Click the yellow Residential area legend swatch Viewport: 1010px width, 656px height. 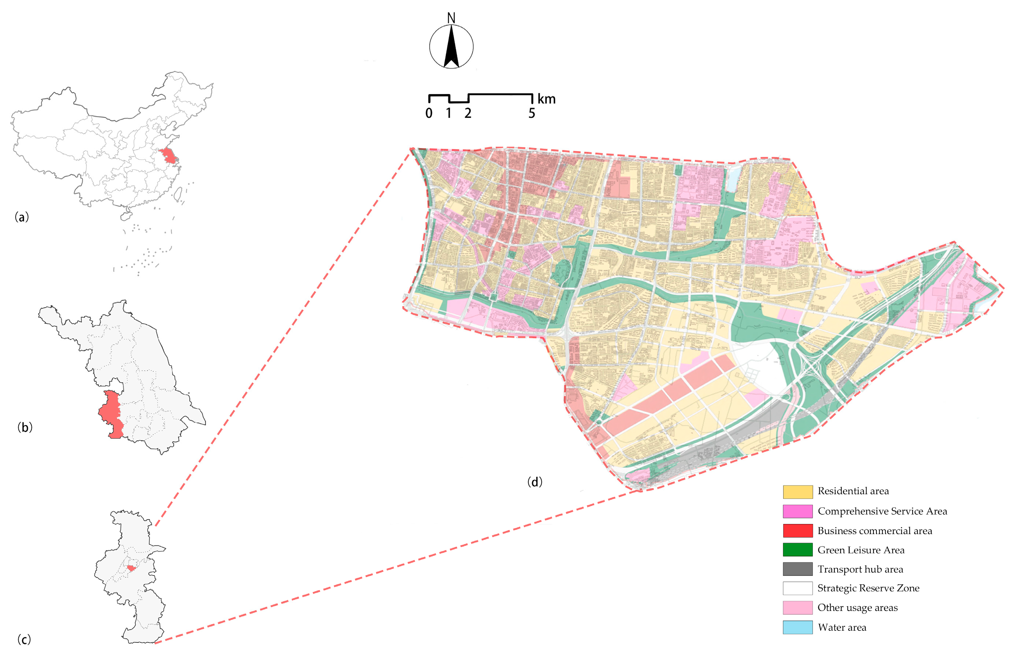tap(797, 492)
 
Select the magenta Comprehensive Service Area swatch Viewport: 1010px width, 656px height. tap(797, 511)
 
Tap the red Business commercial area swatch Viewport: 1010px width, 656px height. tap(797, 531)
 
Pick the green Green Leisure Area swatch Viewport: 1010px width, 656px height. tap(797, 550)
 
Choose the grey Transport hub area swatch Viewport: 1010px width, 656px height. tap(797, 569)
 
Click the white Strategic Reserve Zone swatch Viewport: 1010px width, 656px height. tap(797, 588)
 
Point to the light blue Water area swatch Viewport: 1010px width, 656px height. tap(797, 627)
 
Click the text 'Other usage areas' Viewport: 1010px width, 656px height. tap(857, 608)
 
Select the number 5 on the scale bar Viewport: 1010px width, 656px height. tap(532, 113)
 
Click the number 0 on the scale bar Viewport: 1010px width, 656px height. tap(429, 113)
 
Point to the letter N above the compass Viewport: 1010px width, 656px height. tap(451, 18)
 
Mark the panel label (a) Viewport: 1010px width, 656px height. tap(22, 217)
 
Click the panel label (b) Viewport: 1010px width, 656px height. tap(25, 427)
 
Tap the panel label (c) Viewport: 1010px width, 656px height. tap(24, 639)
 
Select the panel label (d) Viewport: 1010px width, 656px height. tap(535, 482)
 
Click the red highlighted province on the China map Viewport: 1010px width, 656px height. tap(169, 156)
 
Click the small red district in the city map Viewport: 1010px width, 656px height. tap(131, 568)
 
